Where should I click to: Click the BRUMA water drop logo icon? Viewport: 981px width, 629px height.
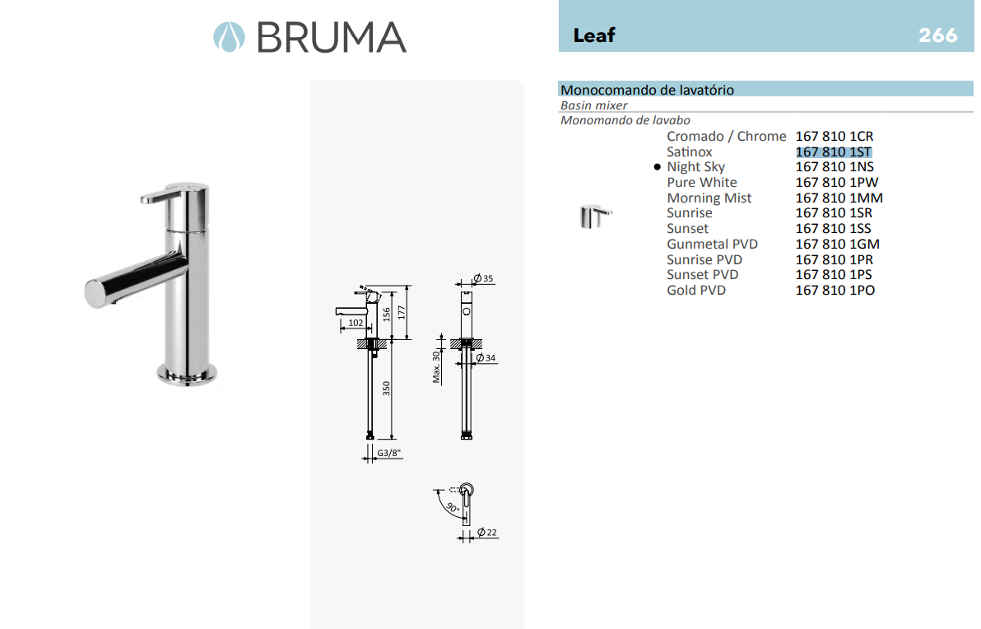pos(229,37)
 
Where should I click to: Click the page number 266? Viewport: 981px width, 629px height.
pos(938,35)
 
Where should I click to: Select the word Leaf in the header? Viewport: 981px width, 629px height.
pos(594,35)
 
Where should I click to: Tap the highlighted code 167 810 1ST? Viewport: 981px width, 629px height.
pos(834,152)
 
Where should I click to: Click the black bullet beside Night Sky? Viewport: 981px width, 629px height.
pos(657,167)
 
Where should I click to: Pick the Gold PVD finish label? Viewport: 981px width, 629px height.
pos(696,291)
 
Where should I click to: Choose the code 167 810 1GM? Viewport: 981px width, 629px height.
pos(837,245)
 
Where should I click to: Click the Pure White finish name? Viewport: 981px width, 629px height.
pos(702,183)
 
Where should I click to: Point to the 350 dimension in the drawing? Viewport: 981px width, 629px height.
pos(385,388)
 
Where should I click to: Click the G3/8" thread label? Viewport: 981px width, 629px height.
pos(389,454)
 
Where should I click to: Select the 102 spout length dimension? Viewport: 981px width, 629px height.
pos(356,324)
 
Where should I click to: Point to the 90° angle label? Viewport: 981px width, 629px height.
pos(452,509)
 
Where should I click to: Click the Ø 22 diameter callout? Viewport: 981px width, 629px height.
pos(487,533)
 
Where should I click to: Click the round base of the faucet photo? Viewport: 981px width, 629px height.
pos(188,375)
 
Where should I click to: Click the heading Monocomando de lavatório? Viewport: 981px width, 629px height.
pos(647,90)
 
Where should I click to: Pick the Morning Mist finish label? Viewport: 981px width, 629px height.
pos(709,198)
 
